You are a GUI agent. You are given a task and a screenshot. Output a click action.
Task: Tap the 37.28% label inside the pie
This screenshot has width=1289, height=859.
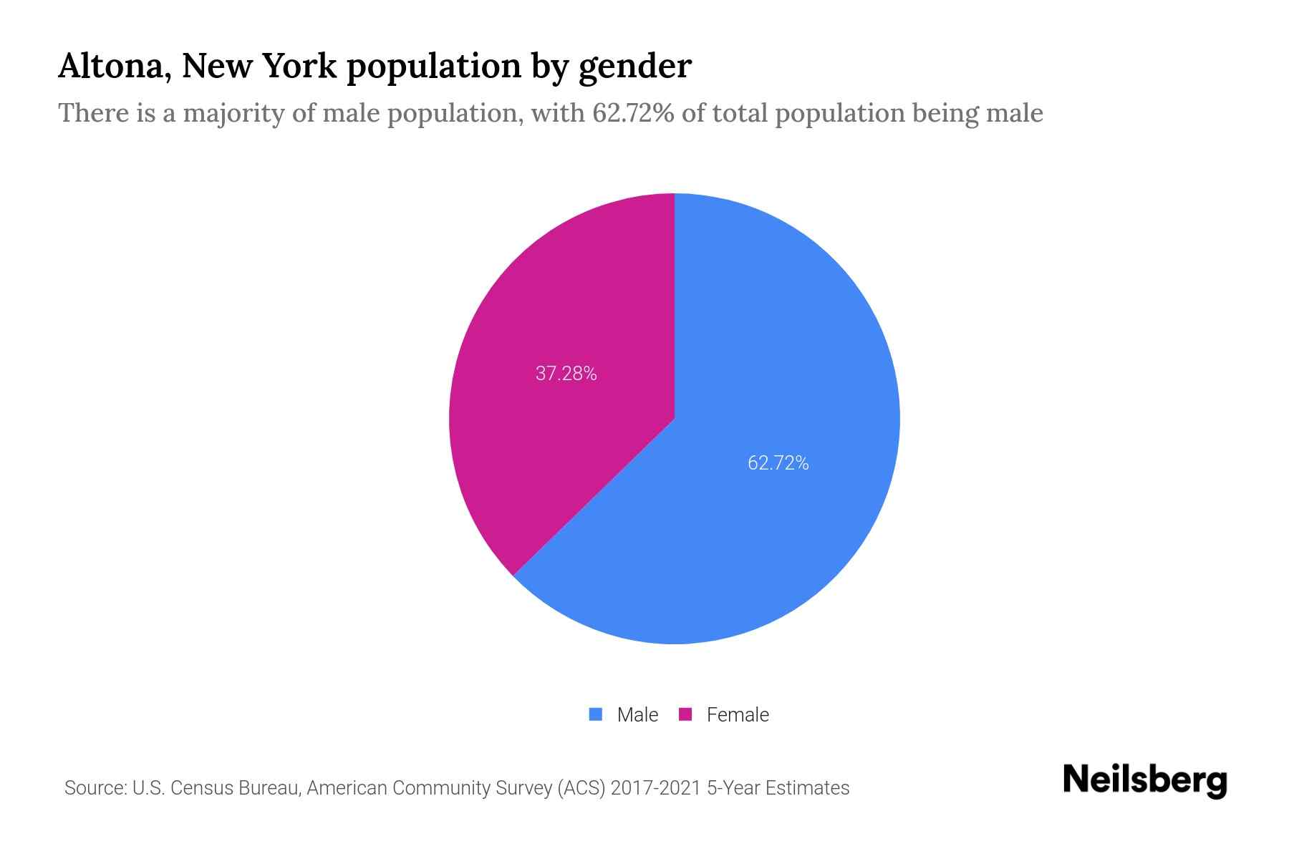click(566, 374)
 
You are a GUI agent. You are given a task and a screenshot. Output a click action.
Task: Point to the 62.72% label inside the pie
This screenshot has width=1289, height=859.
click(778, 463)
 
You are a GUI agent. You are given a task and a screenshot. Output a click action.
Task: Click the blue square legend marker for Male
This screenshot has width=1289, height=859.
click(595, 714)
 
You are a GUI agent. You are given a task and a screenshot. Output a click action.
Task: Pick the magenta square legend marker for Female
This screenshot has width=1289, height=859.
click(685, 714)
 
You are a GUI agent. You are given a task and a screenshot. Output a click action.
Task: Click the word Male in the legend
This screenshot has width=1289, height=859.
click(637, 714)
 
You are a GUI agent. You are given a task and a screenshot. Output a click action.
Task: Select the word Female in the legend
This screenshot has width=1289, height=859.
click(738, 714)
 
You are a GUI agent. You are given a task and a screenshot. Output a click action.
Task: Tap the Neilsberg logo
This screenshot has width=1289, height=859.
click(1144, 780)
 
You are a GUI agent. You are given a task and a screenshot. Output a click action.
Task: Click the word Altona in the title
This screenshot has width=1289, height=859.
click(114, 66)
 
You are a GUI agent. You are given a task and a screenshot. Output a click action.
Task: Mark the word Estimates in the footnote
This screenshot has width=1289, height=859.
click(807, 788)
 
